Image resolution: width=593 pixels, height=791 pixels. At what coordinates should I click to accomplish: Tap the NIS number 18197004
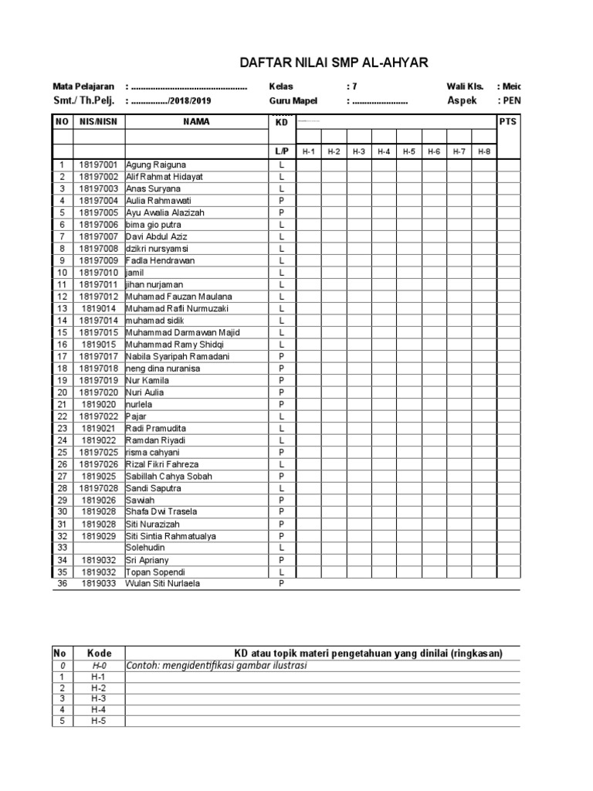[98, 201]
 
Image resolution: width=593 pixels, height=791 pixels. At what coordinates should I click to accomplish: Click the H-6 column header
[434, 151]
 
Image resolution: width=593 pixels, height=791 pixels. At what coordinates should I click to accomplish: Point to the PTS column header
[507, 121]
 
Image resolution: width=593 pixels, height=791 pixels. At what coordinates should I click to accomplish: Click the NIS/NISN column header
[98, 121]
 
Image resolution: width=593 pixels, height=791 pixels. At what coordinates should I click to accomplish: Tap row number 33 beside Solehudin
[62, 548]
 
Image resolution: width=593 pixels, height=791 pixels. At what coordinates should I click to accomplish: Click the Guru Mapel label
[294, 100]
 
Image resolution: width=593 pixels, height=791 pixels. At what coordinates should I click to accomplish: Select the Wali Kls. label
[465, 87]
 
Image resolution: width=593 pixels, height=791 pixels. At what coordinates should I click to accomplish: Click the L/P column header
[281, 151]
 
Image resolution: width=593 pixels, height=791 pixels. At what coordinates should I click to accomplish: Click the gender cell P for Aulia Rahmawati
[282, 201]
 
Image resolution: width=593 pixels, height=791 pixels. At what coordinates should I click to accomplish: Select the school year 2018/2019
[189, 101]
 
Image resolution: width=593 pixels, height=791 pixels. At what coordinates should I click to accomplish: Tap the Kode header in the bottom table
[99, 654]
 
